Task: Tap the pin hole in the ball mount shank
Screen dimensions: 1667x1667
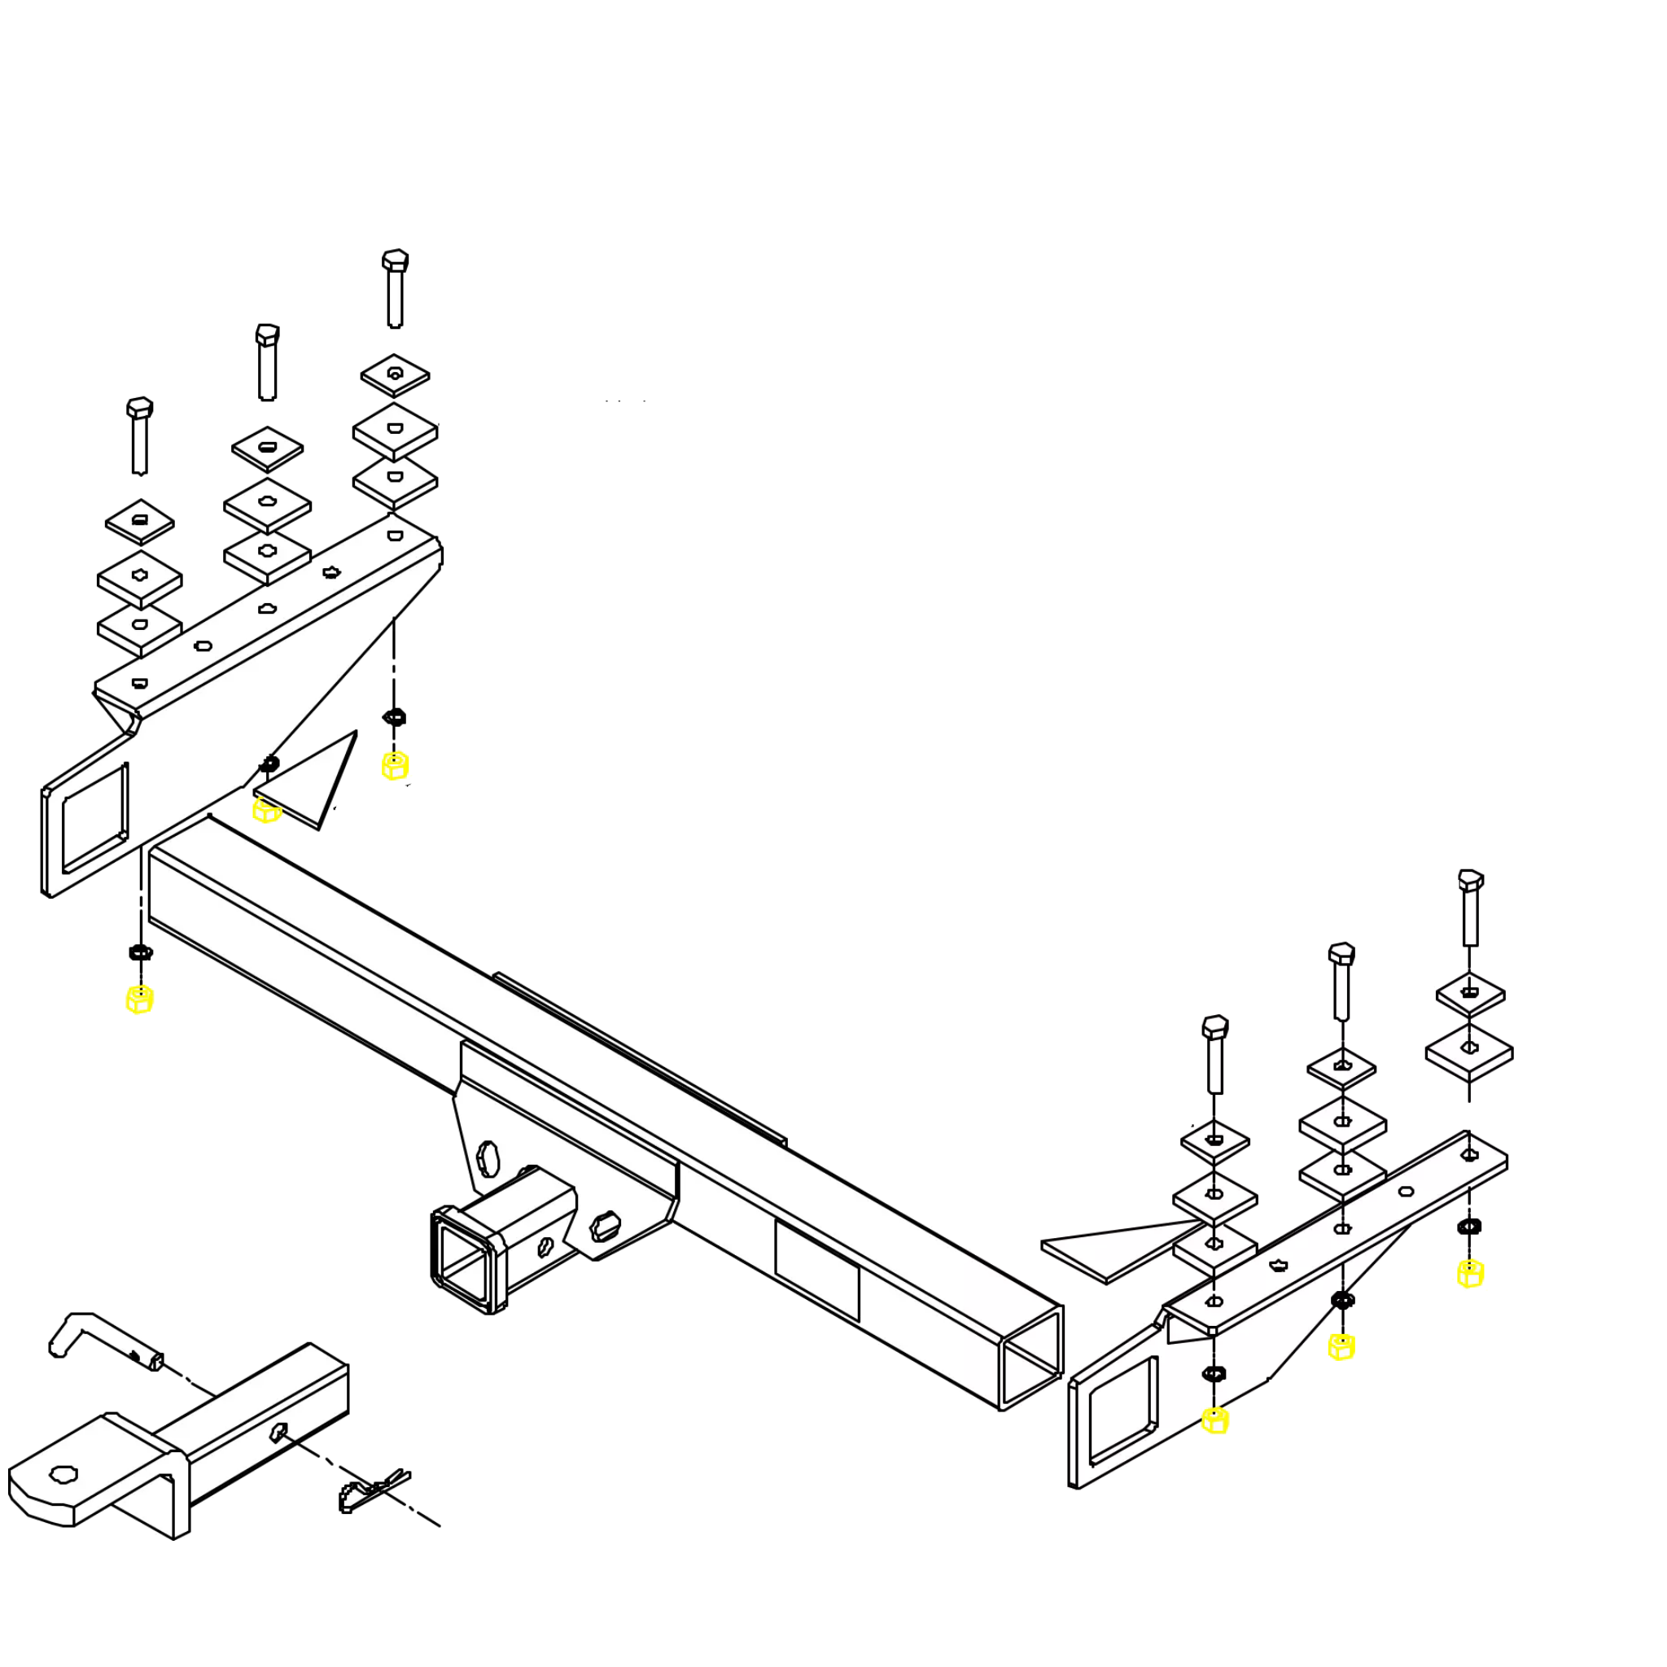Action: click(278, 1433)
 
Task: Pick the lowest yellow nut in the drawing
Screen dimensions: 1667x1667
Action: click(1215, 1420)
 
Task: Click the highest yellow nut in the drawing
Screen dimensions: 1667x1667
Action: click(395, 765)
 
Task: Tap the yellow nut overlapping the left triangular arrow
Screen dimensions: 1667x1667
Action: click(267, 810)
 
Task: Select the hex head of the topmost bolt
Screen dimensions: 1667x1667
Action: click(394, 259)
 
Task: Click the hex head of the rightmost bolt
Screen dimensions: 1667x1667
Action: click(1470, 881)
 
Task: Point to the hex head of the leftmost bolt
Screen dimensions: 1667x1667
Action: click(140, 406)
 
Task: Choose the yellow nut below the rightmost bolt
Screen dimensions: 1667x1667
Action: click(1470, 1273)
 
